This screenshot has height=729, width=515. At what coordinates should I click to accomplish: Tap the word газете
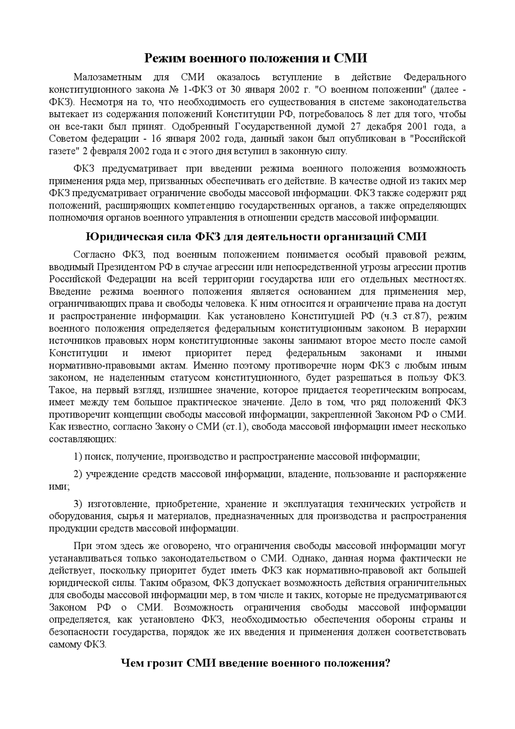[62, 152]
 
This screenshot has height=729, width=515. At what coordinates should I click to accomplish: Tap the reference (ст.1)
[234, 427]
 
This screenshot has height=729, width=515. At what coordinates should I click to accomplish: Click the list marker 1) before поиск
[78, 457]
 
